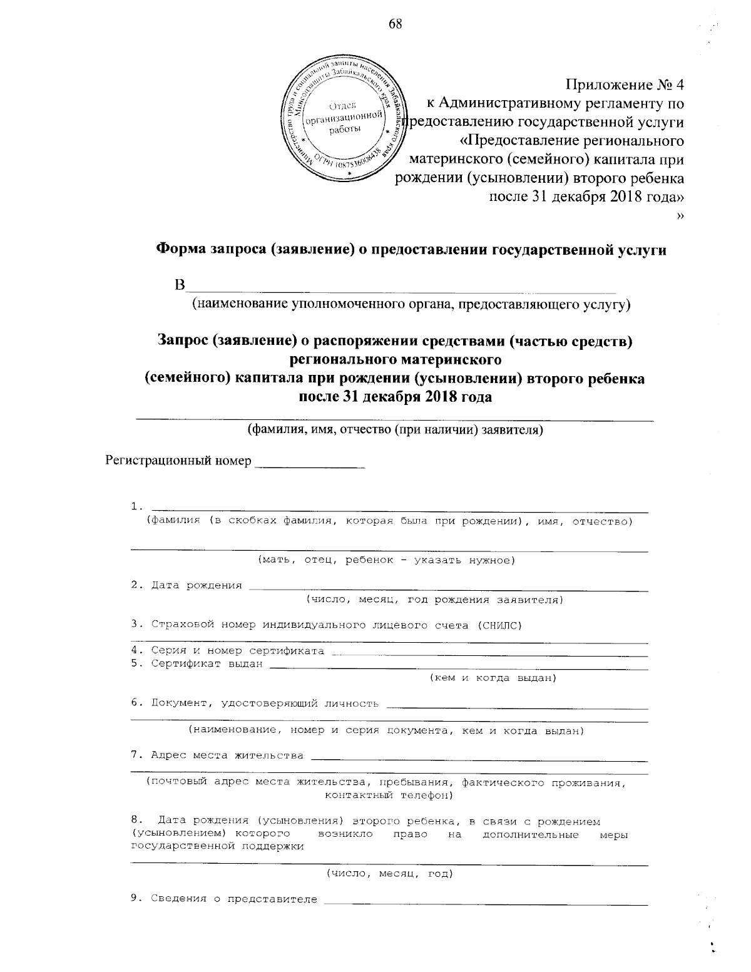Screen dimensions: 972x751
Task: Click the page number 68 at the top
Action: click(x=395, y=24)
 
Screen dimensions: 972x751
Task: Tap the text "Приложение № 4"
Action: click(x=624, y=84)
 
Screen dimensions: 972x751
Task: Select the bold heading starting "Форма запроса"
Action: click(x=411, y=250)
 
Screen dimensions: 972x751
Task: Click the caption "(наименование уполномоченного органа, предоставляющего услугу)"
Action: click(x=411, y=305)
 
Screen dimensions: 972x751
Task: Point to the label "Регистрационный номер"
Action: click(x=178, y=461)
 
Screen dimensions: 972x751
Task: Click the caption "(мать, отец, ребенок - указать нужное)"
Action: click(x=387, y=560)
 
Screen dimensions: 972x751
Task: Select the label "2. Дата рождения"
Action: click(x=186, y=585)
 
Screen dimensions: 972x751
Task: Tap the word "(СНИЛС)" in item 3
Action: click(x=498, y=625)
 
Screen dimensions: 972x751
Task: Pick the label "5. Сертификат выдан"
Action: click(x=197, y=664)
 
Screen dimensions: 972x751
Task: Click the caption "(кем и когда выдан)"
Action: click(x=492, y=678)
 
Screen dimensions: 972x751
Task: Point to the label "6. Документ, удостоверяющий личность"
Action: click(x=255, y=703)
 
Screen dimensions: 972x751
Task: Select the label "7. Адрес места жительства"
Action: click(x=217, y=755)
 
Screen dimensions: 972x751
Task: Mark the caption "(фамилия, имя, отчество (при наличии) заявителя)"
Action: click(x=395, y=430)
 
